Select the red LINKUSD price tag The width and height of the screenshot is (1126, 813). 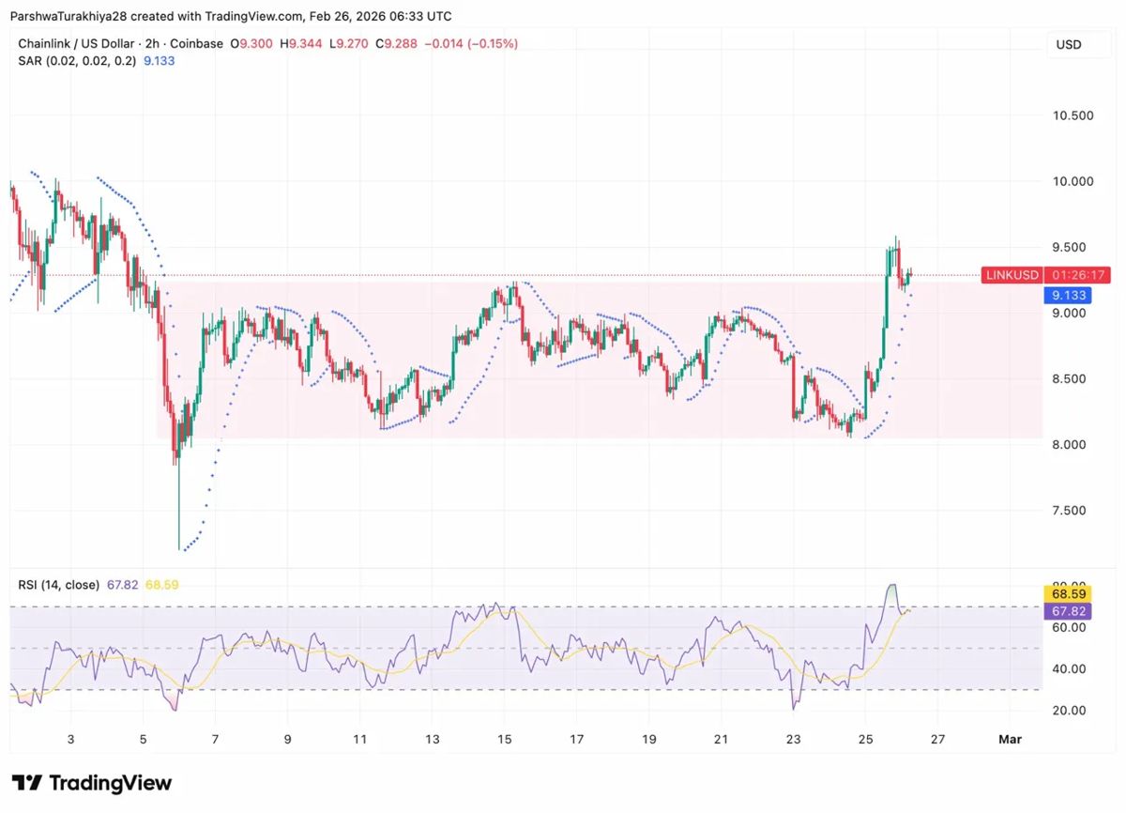(1012, 275)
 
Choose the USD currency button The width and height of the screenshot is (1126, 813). (1068, 44)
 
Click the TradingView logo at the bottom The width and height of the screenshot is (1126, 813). (92, 783)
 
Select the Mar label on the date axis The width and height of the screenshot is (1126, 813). (1010, 739)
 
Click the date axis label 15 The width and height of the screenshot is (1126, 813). (505, 739)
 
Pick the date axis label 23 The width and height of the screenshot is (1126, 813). (794, 739)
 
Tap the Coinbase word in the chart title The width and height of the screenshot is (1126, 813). (197, 43)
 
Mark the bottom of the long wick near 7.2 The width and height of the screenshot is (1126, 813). (178, 549)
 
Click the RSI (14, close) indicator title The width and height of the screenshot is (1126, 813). (58, 585)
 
